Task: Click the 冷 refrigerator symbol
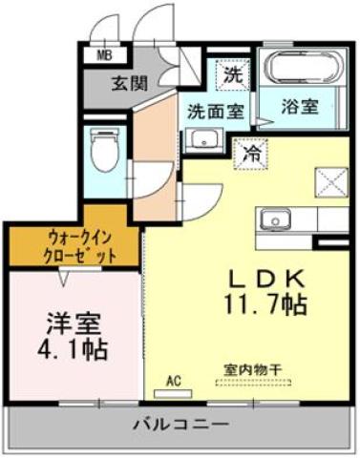251,152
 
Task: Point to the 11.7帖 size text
265,304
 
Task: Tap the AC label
175,382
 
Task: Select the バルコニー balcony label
180,423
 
